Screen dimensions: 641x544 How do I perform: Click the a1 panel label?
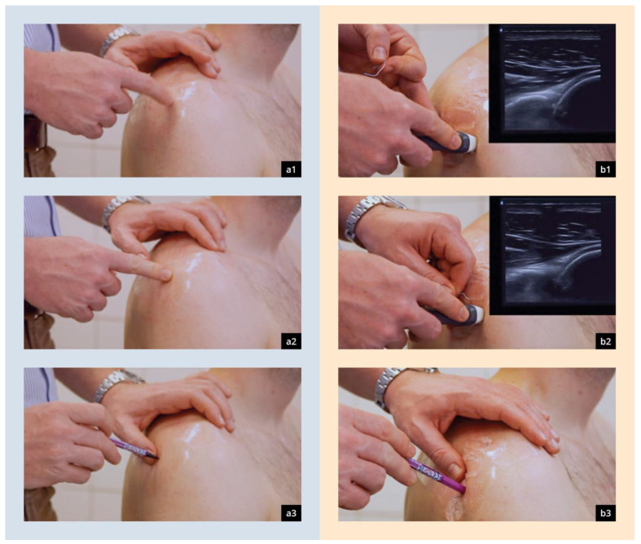tap(291, 169)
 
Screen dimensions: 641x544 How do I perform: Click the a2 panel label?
tap(291, 341)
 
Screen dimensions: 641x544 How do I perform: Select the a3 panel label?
tap(291, 513)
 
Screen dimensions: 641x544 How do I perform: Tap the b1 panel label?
tap(605, 169)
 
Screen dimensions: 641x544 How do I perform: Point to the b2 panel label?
tap(605, 341)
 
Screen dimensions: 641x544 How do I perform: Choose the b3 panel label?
tap(605, 513)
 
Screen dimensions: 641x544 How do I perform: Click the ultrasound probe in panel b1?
tap(450, 142)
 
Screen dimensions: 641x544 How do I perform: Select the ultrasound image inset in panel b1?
tap(552, 83)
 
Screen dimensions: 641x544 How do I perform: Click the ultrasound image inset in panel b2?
tap(552, 256)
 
